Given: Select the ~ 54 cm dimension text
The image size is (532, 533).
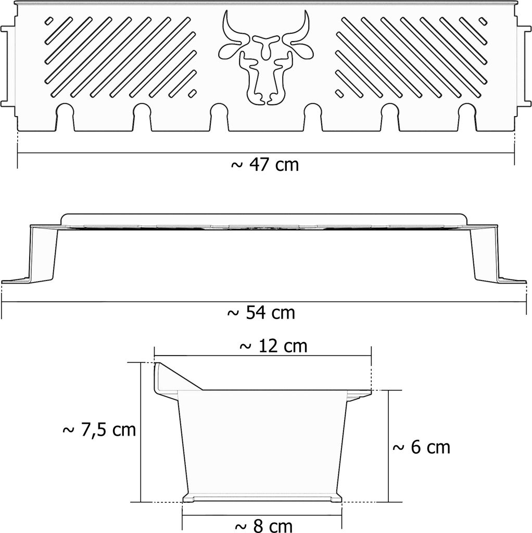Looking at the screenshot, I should (x=261, y=313).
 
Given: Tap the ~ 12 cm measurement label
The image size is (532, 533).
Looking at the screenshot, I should (x=273, y=346).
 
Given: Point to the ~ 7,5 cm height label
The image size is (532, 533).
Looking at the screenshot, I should (x=99, y=430).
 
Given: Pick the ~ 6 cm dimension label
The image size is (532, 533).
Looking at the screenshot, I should (x=421, y=447).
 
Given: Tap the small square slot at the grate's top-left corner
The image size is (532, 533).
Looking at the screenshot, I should (x=49, y=21).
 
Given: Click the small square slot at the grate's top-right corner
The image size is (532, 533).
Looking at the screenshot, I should (x=483, y=21).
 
